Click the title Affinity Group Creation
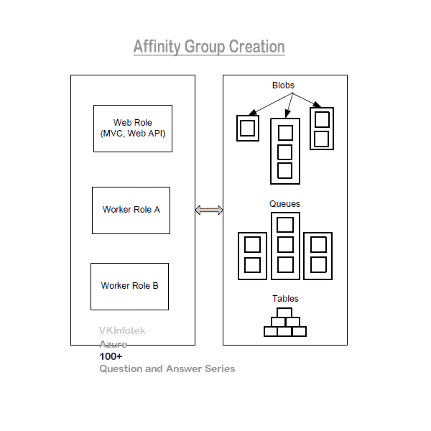click(x=209, y=47)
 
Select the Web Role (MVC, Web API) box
click(x=133, y=129)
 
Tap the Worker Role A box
click(x=131, y=210)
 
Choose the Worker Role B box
click(x=129, y=286)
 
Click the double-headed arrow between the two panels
click(x=209, y=210)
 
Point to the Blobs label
click(x=283, y=85)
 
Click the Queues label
click(x=284, y=204)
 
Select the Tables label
click(x=285, y=299)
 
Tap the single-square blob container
click(x=248, y=129)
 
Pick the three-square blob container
click(x=285, y=152)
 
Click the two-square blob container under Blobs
click(x=322, y=129)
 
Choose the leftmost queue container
click(x=252, y=255)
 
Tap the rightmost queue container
click(x=318, y=255)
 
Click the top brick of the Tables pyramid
click(x=284, y=312)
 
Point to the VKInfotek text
click(x=122, y=331)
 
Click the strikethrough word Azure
click(x=113, y=344)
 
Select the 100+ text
click(x=111, y=356)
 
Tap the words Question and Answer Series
click(x=167, y=369)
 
